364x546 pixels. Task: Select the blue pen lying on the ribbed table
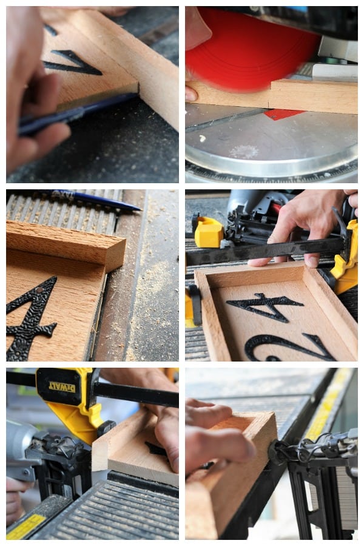coord(97,200)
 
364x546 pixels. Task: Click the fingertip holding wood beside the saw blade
coord(191,95)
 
